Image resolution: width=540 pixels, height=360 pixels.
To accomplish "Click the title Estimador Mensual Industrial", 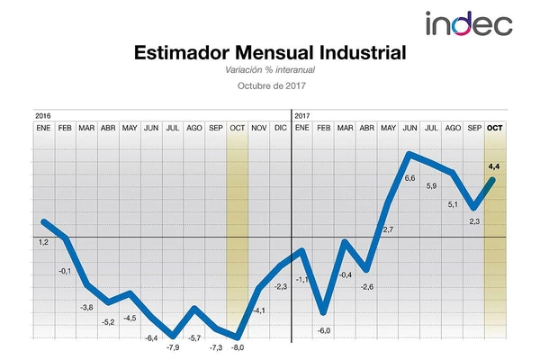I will [270, 53].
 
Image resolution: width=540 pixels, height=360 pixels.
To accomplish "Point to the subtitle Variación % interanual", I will [270, 69].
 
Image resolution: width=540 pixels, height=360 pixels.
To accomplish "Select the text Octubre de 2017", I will [270, 86].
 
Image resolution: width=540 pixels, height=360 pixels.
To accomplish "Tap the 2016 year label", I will [42, 116].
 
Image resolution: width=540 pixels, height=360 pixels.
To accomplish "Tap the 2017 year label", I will [302, 116].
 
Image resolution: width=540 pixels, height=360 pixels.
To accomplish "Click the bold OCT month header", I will [495, 129].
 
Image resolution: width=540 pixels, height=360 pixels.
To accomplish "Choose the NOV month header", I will [258, 129].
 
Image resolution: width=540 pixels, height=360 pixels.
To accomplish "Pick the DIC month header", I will [280, 129].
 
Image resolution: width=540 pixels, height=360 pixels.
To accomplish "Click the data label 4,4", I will [495, 166].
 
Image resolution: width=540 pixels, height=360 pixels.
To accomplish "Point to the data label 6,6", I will [409, 179].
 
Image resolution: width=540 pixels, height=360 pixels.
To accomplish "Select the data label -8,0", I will [237, 347].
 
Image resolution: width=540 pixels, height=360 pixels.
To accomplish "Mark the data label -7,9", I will [173, 347].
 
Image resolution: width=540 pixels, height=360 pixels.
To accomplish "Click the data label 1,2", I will [43, 242].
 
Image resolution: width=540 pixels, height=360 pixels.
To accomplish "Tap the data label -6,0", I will [324, 331].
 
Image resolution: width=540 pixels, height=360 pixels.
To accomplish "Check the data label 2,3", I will [474, 221].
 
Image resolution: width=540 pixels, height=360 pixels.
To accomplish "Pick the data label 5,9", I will [431, 186].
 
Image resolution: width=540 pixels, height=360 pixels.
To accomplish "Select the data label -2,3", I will [280, 286].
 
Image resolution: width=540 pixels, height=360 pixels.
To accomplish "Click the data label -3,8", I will [87, 308].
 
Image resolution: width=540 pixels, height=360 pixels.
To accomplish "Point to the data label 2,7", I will [388, 231].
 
